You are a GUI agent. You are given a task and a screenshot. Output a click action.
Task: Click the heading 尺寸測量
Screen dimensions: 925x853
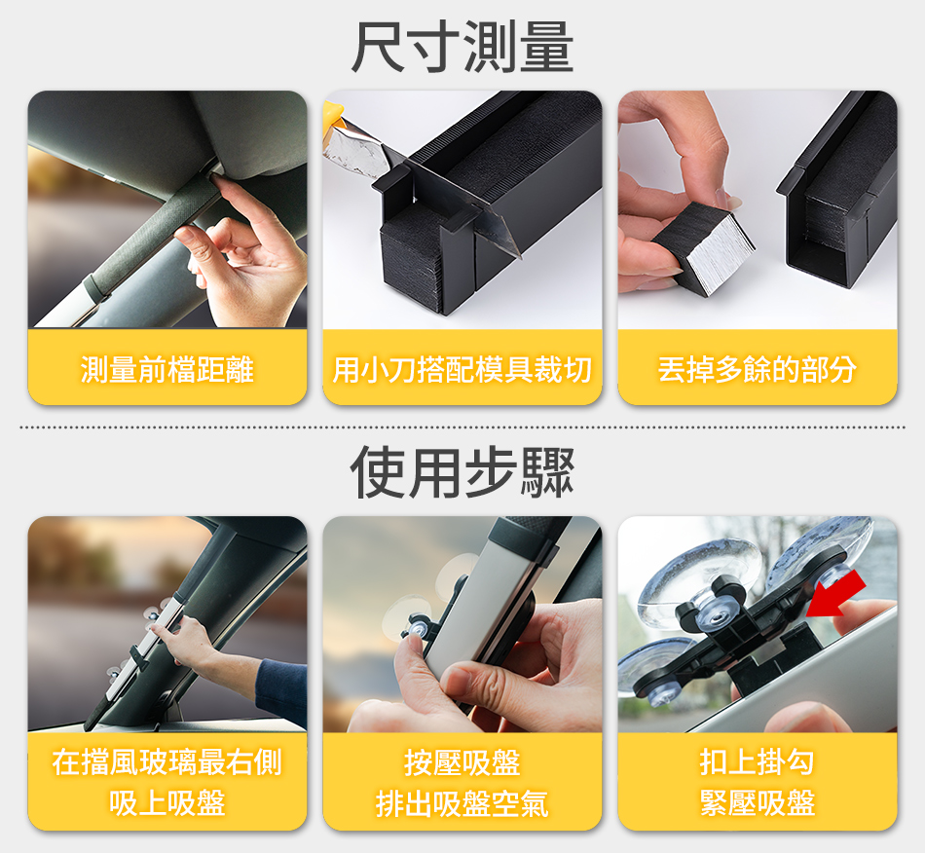coord(462,47)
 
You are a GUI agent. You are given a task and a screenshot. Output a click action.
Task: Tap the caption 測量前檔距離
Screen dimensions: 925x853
coord(166,370)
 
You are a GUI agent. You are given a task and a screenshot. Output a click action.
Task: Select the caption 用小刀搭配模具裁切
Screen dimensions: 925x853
coord(462,370)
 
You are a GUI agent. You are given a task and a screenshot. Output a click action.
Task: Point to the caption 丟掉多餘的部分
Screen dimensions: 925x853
coord(757,370)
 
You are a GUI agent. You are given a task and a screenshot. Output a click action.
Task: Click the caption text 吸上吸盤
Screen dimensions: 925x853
coord(166,803)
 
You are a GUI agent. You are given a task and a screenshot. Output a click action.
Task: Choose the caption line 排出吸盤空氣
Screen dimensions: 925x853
coord(462,803)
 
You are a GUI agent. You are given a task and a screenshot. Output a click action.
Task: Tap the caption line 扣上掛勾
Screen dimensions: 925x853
coord(757,761)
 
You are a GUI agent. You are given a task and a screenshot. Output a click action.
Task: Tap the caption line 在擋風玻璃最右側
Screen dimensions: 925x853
coord(166,761)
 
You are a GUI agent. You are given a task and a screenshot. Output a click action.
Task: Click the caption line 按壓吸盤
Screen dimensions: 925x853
coord(462,761)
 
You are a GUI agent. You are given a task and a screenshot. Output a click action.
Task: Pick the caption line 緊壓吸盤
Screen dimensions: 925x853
coord(757,803)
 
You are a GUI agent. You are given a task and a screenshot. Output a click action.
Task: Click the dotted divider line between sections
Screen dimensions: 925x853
coord(462,426)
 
